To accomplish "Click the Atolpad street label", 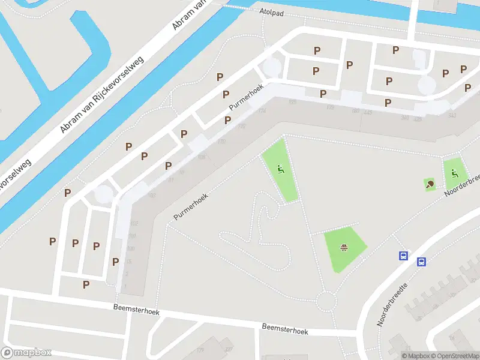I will (271, 11).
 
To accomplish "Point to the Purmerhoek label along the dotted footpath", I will (190, 206).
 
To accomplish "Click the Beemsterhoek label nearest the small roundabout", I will (284, 329).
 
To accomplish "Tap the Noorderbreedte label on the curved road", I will (392, 305).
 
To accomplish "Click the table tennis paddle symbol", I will (430, 184).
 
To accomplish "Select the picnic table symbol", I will (344, 247).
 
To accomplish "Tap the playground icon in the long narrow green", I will (280, 170).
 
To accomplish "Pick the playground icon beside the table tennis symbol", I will (455, 174).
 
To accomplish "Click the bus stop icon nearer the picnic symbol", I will (404, 256).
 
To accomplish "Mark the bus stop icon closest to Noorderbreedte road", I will (422, 262).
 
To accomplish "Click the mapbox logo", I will (26, 353).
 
